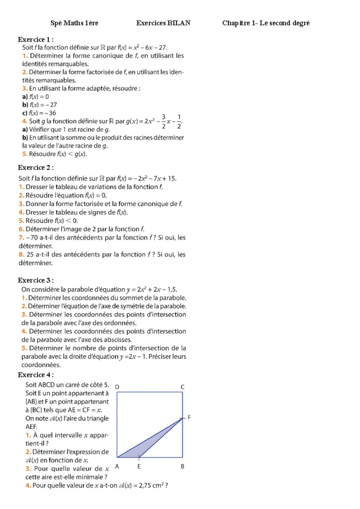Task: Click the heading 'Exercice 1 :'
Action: pos(36,40)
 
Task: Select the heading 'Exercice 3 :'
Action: pos(36,280)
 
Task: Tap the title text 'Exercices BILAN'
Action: pos(163,23)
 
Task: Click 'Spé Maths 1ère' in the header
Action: pos(74,23)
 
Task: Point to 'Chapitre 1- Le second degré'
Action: pos(266,23)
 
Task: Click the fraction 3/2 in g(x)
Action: pos(163,121)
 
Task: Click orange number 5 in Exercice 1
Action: pos(25,154)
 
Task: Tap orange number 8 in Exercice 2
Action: pos(21,255)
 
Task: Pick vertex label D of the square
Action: pos(117,387)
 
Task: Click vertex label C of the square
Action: pos(182,387)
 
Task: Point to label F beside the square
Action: pos(189,417)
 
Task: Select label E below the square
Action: pos(139,466)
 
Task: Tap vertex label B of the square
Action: pos(182,466)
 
